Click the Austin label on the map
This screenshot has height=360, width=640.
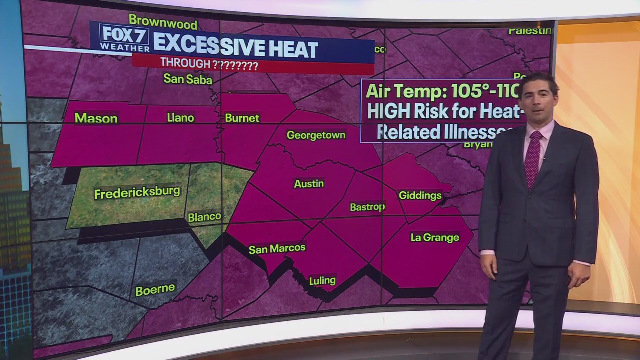pos(309,184)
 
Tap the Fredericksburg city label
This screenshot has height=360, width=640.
pos(137,193)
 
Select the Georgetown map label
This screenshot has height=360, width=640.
pos(316,135)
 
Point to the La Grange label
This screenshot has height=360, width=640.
pos(435,238)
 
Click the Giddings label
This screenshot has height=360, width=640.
pos(420,196)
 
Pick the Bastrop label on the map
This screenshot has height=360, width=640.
pos(367,207)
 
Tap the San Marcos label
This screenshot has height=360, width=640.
pos(277,248)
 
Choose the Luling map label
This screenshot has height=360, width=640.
pos(322,281)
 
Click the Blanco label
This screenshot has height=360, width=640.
pos(204,217)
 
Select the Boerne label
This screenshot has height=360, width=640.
pos(155,289)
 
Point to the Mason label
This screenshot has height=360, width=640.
pos(96,118)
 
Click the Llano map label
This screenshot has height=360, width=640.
pos(180,118)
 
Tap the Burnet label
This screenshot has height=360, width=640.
pos(242,118)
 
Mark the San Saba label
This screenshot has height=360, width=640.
pos(188,79)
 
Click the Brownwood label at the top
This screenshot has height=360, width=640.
pos(163,22)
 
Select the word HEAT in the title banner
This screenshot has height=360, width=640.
pos(287,49)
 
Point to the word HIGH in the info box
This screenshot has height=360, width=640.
pos(386,112)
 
